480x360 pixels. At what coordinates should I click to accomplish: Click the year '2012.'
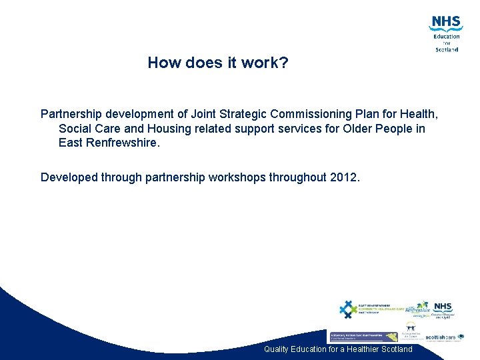(345, 177)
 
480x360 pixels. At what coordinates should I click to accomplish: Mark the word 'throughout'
(298, 177)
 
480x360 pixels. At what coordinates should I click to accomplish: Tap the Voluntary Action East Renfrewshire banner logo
(363, 337)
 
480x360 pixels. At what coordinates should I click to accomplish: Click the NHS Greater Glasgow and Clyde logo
(442, 310)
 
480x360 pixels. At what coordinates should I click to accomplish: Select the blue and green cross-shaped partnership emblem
(348, 309)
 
